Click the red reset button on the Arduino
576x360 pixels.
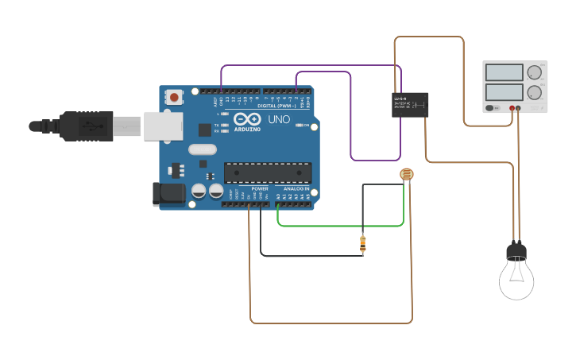pos(174,97)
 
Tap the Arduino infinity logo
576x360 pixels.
pos(246,119)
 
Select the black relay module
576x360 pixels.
pos(411,105)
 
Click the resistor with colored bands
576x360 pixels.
pos(363,245)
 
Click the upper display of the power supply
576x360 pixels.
pos(504,73)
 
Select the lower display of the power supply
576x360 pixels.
pos(504,91)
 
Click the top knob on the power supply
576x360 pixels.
pos(535,72)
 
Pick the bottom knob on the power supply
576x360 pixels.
pos(535,91)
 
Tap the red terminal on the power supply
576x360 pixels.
pos(512,108)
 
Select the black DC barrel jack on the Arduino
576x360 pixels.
pos(168,195)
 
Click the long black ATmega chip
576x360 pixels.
pos(266,172)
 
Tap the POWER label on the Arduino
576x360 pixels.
pos(260,188)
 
